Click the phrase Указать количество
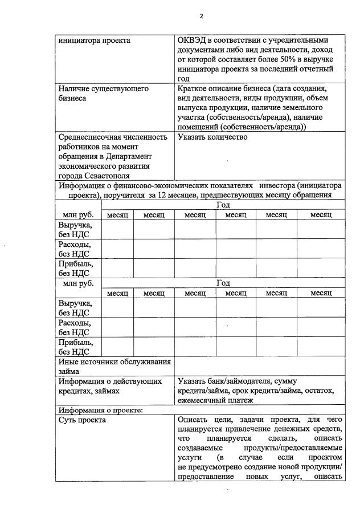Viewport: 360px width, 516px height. point(212,137)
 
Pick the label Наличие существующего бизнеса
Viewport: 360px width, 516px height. point(103,94)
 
